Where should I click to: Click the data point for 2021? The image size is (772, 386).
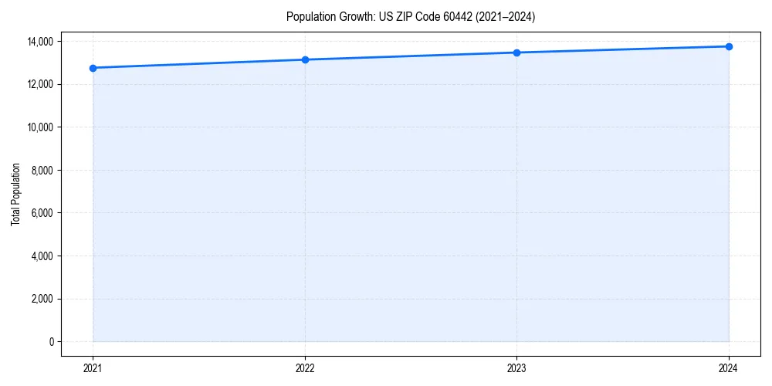click(x=93, y=68)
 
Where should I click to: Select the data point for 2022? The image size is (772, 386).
click(x=305, y=59)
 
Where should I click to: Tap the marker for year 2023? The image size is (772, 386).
click(x=516, y=52)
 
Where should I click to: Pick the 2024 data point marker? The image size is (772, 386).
click(x=729, y=46)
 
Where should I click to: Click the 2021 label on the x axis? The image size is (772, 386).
click(x=93, y=368)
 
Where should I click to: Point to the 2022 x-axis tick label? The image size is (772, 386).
click(x=305, y=368)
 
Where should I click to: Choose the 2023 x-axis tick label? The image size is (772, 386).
click(x=516, y=368)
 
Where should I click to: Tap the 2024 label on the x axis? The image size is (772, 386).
click(x=729, y=368)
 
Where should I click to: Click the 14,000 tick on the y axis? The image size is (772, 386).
click(x=39, y=41)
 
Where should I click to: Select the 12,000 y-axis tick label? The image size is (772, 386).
click(x=39, y=84)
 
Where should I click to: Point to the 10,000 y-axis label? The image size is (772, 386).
click(x=39, y=127)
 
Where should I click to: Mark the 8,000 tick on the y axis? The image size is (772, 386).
click(x=42, y=170)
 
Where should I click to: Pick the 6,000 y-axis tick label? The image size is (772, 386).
click(x=42, y=213)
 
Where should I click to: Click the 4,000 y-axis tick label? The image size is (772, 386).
click(x=42, y=256)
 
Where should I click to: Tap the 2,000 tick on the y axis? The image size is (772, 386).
click(x=42, y=299)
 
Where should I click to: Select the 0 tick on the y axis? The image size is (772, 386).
click(x=52, y=342)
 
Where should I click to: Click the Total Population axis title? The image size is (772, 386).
click(x=15, y=194)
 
